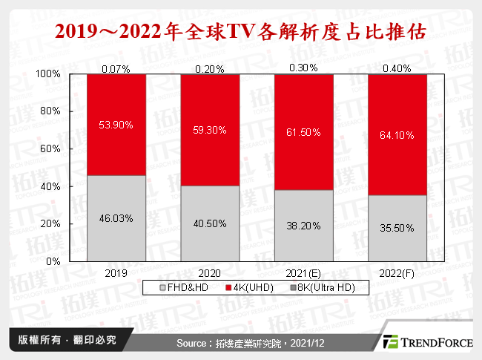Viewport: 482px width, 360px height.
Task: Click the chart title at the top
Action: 240,32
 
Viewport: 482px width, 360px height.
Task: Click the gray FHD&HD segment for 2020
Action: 210,223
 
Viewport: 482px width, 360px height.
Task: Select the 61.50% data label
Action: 303,132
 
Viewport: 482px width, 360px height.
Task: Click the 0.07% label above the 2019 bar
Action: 116,69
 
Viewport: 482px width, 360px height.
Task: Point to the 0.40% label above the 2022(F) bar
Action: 397,69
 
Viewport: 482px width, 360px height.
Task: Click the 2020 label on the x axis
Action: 210,272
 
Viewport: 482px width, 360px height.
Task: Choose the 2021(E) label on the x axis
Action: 303,272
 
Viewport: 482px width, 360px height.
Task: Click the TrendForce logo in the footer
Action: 426,342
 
